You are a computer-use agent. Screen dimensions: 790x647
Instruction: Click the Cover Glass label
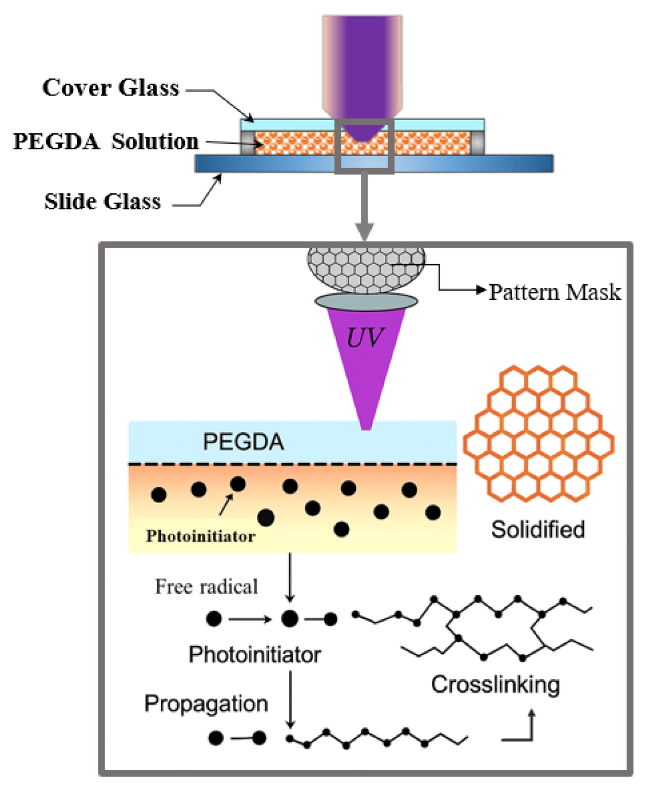(111, 88)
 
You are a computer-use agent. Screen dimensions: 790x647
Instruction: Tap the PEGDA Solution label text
(106, 142)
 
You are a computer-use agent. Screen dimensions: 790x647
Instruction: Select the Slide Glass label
(102, 202)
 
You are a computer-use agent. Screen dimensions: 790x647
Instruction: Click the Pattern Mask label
(555, 292)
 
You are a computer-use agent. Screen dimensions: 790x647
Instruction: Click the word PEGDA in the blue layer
(243, 442)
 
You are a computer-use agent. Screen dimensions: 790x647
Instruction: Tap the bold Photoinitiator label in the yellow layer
(201, 536)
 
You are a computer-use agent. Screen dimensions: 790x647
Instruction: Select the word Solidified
(538, 529)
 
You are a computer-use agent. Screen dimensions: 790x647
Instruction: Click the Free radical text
(206, 587)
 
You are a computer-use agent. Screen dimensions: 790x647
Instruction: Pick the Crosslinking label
(495, 684)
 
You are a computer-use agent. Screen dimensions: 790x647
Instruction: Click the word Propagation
(206, 704)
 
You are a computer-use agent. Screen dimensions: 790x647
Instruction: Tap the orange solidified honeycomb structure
(539, 433)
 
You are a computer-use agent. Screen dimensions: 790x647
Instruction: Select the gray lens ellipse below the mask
(366, 302)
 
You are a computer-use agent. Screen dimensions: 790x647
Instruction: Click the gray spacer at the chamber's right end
(478, 143)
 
